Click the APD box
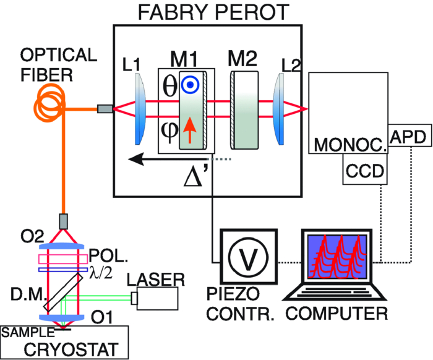(408, 138)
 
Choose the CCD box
(365, 169)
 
